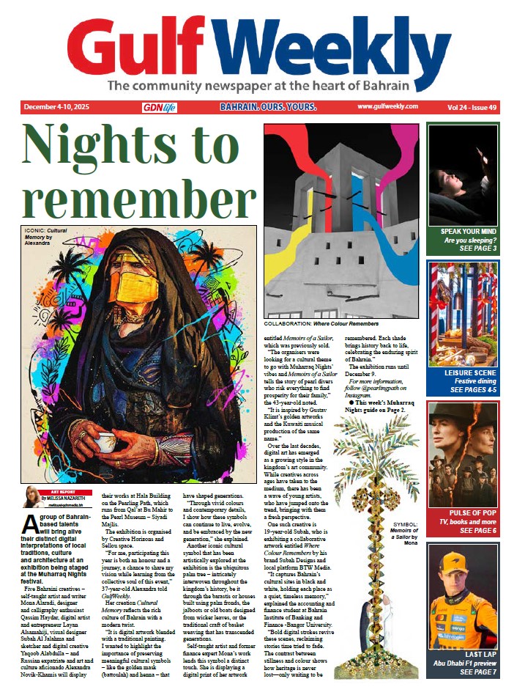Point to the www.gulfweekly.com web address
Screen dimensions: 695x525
click(x=387, y=106)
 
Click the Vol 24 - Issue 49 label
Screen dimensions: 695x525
click(x=472, y=107)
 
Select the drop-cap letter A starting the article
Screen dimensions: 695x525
click(x=31, y=523)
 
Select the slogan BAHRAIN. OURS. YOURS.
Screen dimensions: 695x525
click(x=268, y=107)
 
